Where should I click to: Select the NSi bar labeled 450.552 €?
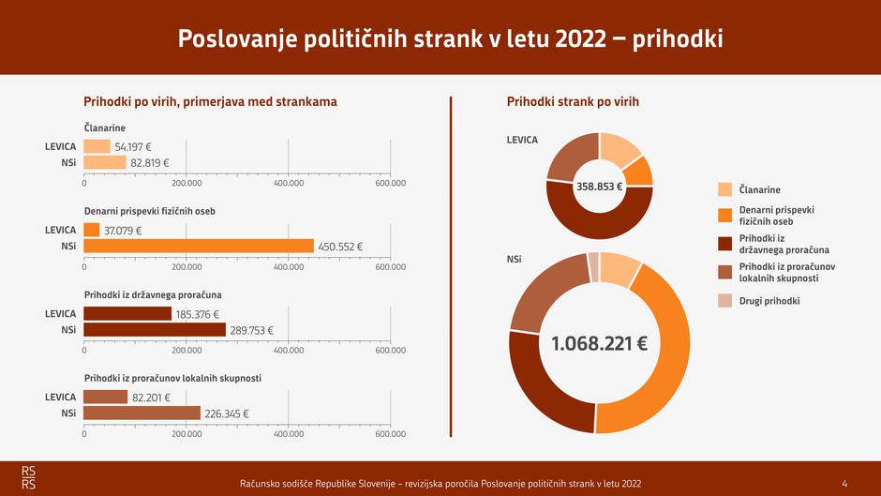[199, 246]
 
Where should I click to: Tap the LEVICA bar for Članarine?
[97, 146]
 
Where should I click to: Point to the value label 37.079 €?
[123, 231]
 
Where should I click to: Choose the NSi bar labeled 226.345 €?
[142, 413]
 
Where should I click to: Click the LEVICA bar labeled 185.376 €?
[127, 314]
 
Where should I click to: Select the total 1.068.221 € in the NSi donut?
[599, 343]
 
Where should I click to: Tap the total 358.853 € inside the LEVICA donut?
[599, 186]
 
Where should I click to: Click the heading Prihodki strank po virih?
[573, 101]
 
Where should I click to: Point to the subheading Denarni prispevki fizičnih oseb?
[150, 211]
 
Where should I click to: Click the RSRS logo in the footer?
[30, 476]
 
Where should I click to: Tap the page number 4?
[844, 483]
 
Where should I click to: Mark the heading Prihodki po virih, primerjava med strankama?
[210, 101]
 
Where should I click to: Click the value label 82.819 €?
[150, 162]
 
